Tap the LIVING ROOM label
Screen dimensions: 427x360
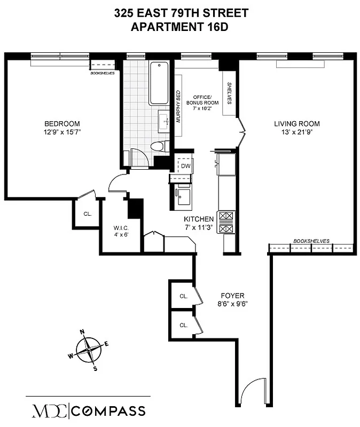[x=297, y=124]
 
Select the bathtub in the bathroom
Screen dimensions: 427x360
[x=160, y=84]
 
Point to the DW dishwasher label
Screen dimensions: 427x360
[x=185, y=166]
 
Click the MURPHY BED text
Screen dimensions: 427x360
[x=178, y=107]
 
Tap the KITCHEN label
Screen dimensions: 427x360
[x=199, y=219]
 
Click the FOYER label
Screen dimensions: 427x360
[x=232, y=295]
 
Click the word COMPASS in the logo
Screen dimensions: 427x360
[x=109, y=411]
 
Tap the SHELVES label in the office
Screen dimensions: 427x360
[x=229, y=92]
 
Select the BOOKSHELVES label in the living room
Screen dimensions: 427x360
[x=311, y=241]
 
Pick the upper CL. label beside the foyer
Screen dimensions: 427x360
[x=183, y=296]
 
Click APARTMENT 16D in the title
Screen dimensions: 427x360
[x=181, y=27]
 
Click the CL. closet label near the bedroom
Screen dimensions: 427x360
[x=88, y=214]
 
